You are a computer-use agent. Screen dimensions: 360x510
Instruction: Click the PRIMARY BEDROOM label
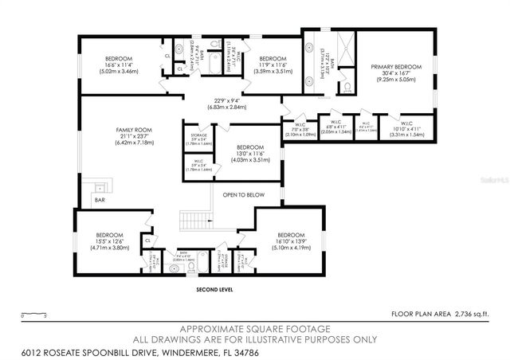pos(395,67)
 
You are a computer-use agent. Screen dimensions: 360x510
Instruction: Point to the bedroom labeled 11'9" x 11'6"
pos(273,59)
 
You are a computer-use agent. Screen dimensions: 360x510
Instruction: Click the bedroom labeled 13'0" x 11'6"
pos(249,147)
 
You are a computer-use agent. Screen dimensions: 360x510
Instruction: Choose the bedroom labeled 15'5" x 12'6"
pos(109,235)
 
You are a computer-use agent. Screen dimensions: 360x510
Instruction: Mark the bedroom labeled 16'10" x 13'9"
pos(290,235)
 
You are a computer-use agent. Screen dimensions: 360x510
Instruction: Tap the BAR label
pos(99,200)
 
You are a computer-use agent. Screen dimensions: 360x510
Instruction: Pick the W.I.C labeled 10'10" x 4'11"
pos(406,123)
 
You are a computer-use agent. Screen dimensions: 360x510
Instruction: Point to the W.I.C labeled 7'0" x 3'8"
pos(300,123)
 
